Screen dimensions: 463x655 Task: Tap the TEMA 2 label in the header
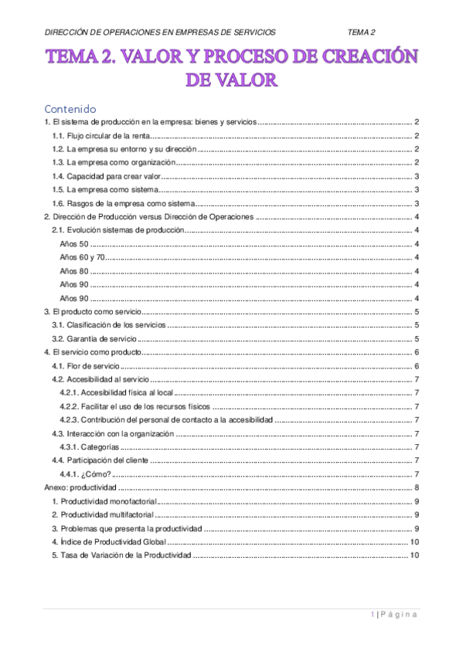[361, 32]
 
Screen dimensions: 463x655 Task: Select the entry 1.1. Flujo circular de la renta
[100, 135]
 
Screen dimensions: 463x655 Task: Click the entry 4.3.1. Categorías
[89, 446]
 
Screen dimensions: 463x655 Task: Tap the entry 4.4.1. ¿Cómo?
[85, 473]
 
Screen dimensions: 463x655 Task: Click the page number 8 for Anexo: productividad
[417, 487]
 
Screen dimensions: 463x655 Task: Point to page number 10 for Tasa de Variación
[414, 555]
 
